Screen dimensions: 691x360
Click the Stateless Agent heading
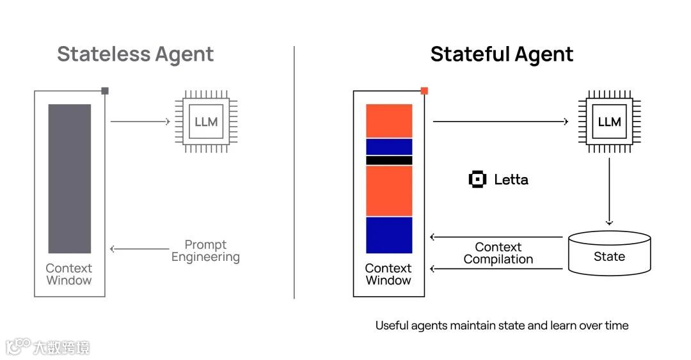135,54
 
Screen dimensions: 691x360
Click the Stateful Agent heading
502,54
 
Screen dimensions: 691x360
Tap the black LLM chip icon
609,121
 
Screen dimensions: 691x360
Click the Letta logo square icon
477,180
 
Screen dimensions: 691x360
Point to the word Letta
511,180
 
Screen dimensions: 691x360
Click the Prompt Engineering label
205,251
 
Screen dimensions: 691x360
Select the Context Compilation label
498,253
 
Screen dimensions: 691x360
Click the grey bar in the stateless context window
69,178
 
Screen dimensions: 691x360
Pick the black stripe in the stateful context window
389,160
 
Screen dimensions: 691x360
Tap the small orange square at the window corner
424,91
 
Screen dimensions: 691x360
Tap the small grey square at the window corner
105,91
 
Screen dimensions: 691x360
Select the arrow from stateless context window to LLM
139,121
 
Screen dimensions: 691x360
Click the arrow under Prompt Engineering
139,249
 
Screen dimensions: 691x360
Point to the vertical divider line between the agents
294,173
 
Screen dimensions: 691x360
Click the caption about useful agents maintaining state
502,325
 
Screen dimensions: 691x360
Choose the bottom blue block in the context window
389,235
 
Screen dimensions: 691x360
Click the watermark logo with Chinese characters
48,347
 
